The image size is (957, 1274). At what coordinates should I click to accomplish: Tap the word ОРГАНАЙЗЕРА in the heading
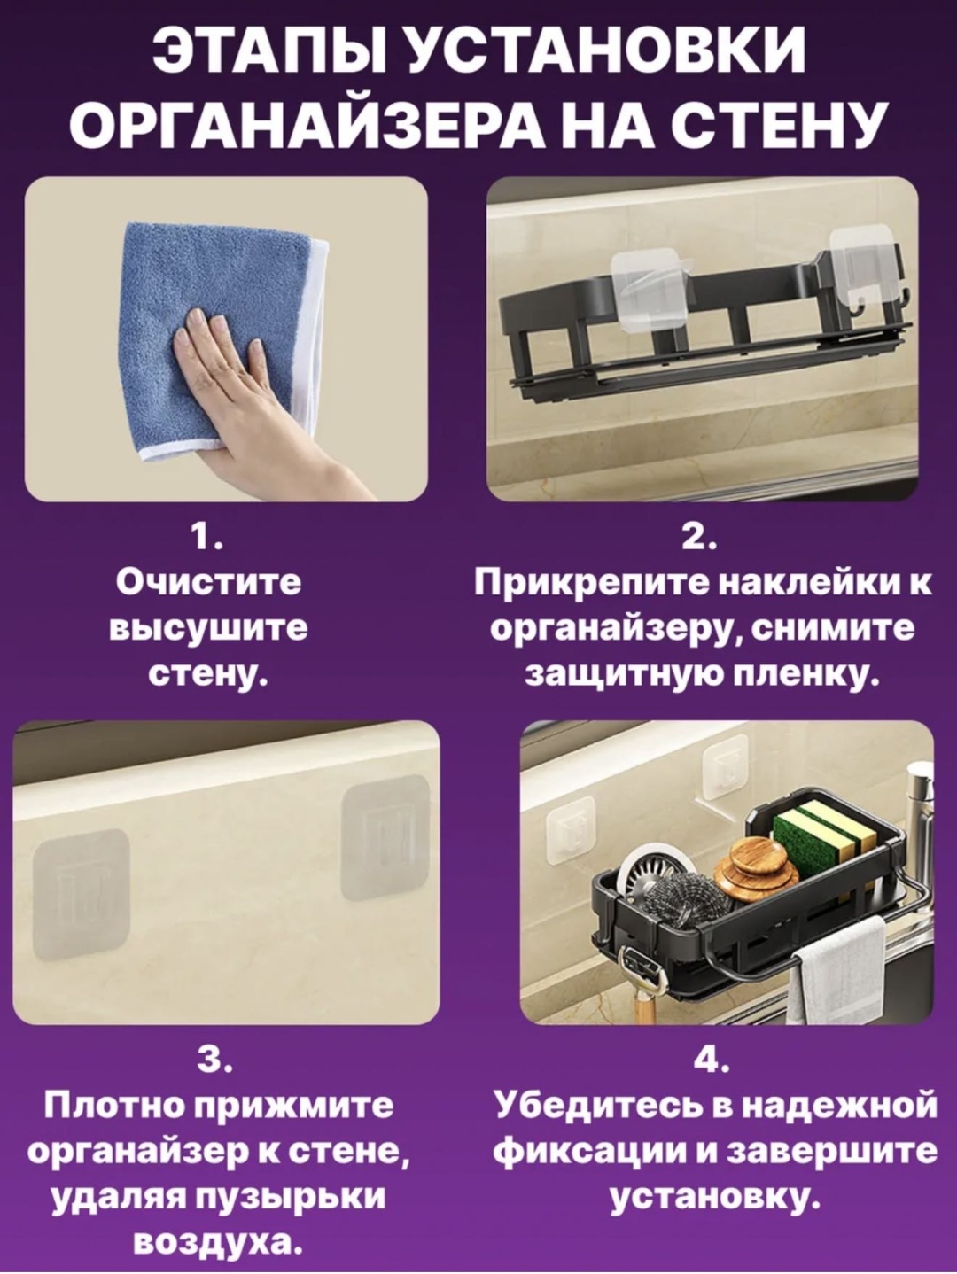(x=302, y=126)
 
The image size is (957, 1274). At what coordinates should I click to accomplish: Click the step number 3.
(x=214, y=1061)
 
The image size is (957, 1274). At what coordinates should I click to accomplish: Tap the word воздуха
(x=219, y=1243)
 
